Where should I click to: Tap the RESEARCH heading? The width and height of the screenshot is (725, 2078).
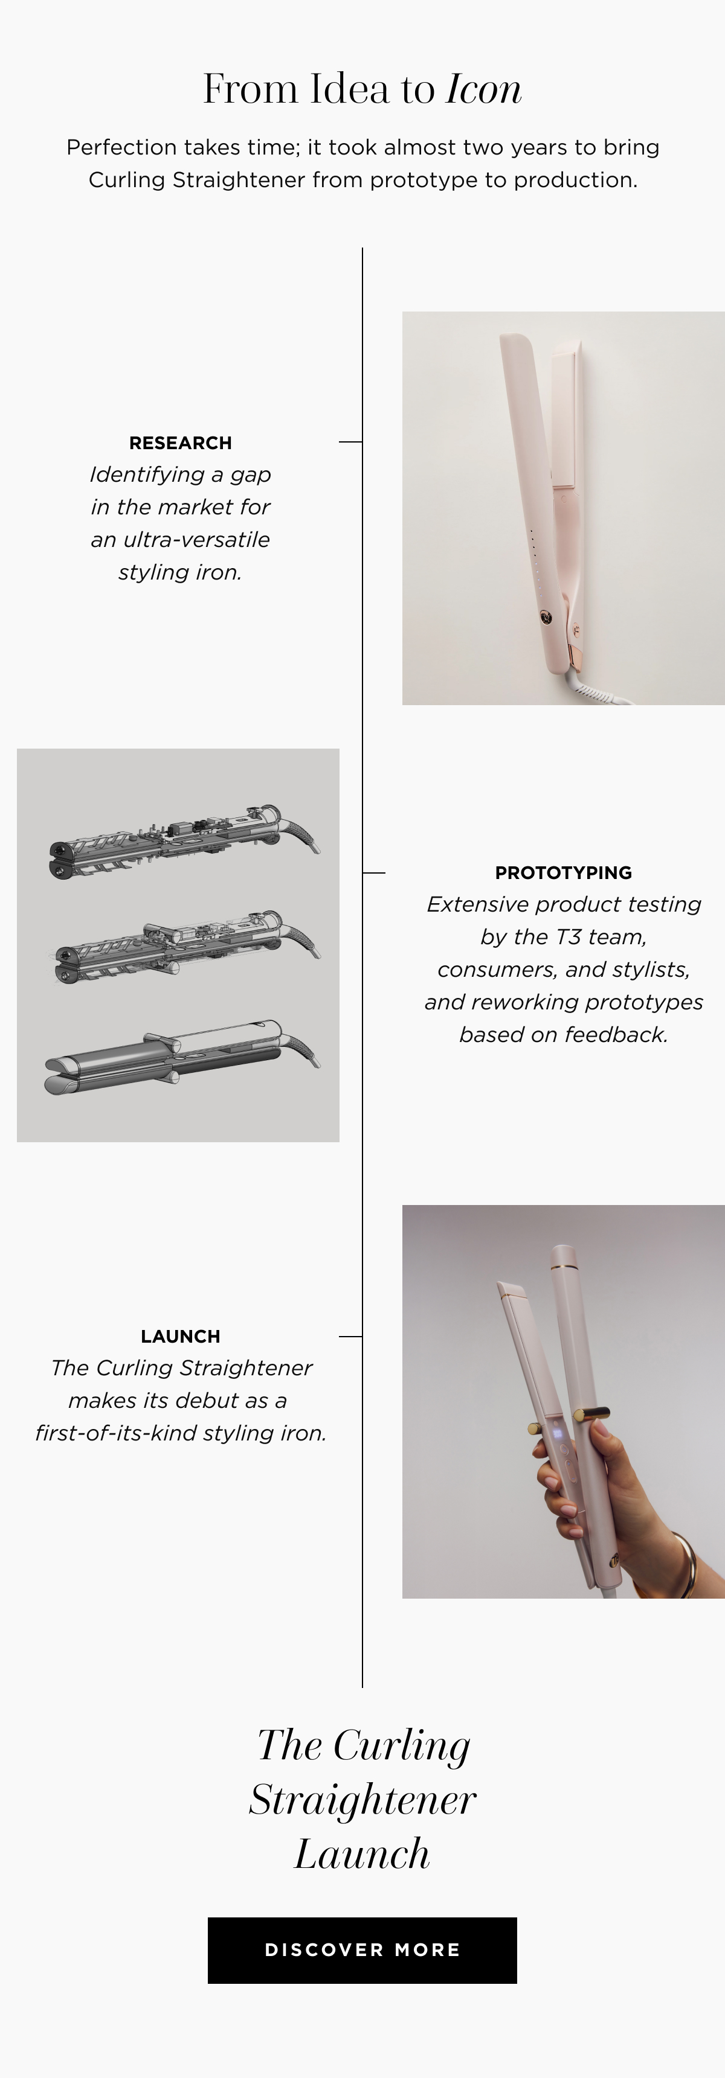pos(180,443)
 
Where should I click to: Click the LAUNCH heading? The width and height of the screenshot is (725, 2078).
pos(180,1337)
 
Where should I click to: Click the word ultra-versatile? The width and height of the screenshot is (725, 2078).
pos(197,540)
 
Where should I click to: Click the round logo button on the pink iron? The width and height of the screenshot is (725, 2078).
pos(547,618)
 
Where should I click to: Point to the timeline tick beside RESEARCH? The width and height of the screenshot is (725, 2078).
pos(350,442)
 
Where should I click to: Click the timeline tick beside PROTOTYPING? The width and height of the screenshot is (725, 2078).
pos(374,873)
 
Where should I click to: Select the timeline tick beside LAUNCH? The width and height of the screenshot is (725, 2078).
pos(350,1337)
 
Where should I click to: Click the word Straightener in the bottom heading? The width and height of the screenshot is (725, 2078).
pos(362,1800)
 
